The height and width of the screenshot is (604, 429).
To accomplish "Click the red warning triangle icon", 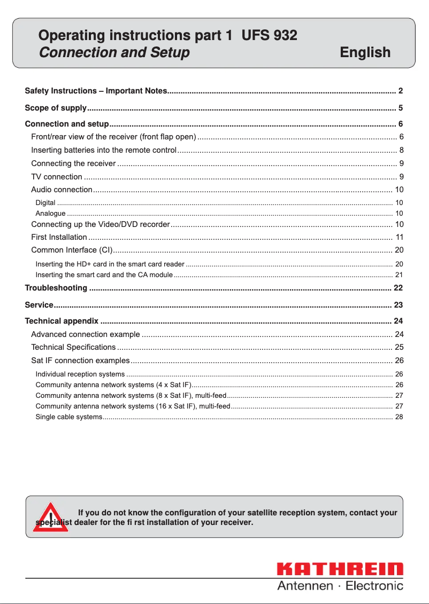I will [50, 517].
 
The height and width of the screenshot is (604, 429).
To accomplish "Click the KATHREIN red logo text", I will [340, 570].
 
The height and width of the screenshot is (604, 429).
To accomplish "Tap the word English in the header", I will [365, 52].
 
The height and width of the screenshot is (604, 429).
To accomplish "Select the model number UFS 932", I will [269, 36].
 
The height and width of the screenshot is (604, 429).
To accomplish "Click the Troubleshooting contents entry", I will [56, 288].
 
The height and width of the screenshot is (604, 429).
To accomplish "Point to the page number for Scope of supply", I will [400, 108].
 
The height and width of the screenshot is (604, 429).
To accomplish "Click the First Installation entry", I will [59, 237].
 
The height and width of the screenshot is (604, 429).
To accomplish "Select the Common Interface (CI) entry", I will [71, 249].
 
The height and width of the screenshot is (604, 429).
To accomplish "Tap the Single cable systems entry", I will [68, 417].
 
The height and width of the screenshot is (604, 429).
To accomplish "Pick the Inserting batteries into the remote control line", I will [104, 150].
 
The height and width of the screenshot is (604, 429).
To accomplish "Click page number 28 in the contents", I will [399, 417].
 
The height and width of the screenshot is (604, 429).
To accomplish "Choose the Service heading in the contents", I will [39, 305].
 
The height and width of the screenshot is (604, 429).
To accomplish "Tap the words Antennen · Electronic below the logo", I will [340, 586].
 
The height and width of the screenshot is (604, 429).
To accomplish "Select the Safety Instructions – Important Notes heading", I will [96, 91].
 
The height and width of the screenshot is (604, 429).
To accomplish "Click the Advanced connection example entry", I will [86, 334].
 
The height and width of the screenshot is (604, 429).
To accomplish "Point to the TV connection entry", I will [57, 177].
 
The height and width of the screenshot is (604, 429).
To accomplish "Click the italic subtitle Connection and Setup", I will [114, 52].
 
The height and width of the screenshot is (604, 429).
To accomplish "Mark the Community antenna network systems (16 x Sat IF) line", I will [133, 406].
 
